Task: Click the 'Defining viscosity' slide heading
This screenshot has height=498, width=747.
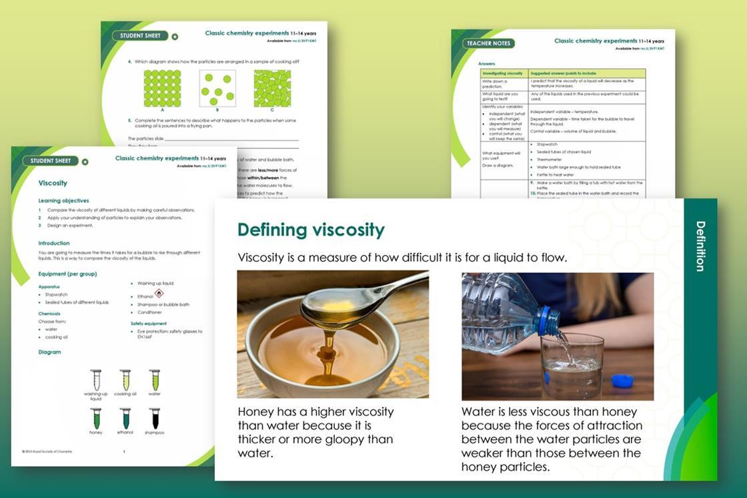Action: point(311,230)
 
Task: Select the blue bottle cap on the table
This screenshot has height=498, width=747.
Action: point(622,381)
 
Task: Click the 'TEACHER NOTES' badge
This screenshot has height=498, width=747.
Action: point(489,43)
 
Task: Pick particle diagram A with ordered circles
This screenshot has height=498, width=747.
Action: point(162,88)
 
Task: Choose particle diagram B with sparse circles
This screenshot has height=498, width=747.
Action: point(217,88)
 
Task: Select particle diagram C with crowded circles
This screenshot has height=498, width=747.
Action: point(272,88)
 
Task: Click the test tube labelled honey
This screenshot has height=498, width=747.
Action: point(96,419)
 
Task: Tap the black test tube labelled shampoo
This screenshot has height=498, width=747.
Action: point(155,419)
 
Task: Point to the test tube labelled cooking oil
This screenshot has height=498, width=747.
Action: point(125,380)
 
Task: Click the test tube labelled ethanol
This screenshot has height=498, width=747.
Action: point(125,419)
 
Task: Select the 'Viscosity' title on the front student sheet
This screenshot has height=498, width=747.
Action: point(53,183)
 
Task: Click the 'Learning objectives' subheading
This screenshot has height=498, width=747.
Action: point(63,200)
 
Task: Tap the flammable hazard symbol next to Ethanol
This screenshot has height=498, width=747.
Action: point(159,294)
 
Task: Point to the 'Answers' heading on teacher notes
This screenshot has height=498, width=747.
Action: point(487,63)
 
